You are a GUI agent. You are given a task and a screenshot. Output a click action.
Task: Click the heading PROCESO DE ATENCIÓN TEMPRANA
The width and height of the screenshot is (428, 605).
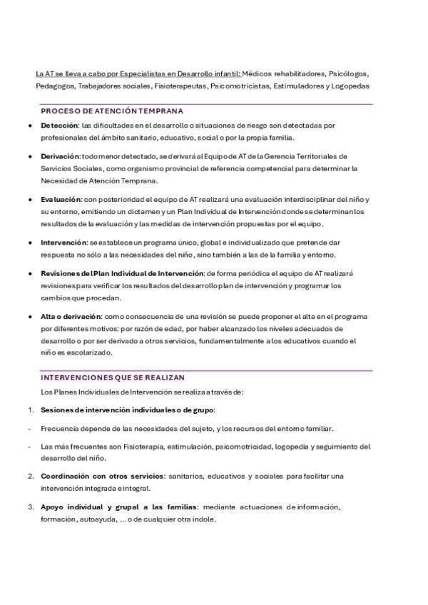(x=112, y=111)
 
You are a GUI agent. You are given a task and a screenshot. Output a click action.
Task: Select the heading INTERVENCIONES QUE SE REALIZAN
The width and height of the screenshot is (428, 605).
(x=113, y=377)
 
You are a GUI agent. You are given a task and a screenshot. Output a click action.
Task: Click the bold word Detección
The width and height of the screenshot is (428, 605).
(x=59, y=125)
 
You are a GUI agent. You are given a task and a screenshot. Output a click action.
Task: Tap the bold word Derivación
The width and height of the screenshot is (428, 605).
(x=61, y=156)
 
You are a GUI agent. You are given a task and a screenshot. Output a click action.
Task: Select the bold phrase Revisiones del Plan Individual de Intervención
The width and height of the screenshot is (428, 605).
(x=122, y=273)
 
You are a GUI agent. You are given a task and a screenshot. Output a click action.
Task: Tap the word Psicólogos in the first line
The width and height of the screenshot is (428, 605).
(x=350, y=73)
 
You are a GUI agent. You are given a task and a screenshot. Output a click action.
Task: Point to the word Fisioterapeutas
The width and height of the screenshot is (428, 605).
(x=181, y=86)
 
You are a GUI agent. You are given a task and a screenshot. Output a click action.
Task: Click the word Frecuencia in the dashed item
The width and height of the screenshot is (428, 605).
(x=60, y=429)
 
